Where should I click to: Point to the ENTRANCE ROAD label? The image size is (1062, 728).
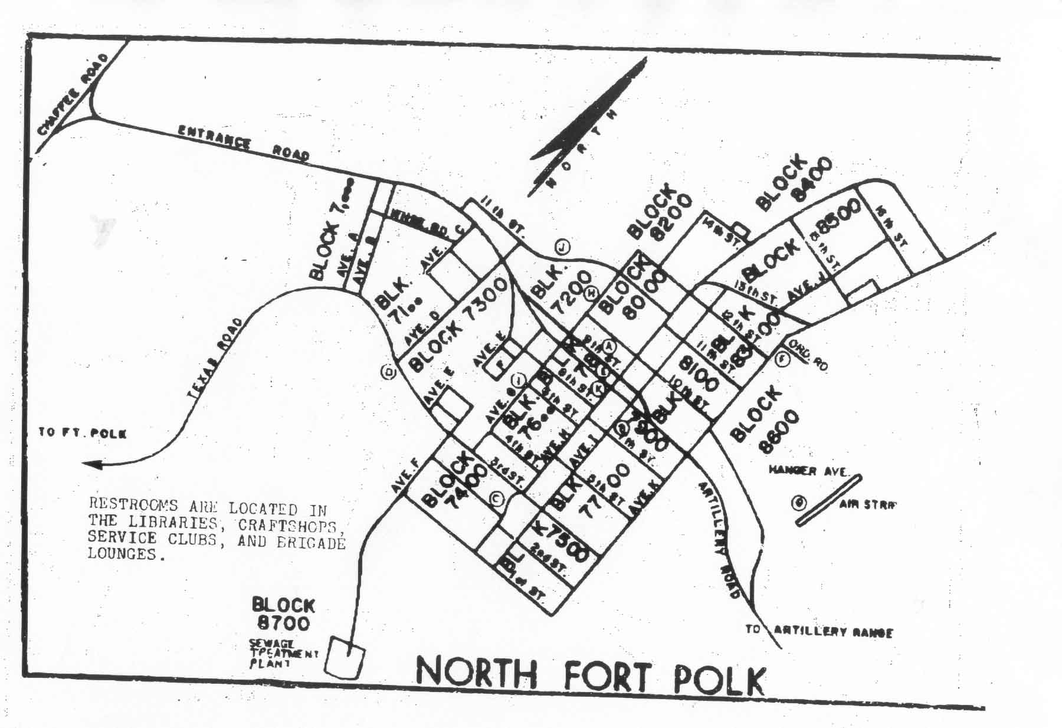pos(244,143)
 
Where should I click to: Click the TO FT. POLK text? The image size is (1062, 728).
pos(83,433)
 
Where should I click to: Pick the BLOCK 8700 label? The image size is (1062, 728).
pos(283,614)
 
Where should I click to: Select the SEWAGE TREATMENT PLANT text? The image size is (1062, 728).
pos(282,653)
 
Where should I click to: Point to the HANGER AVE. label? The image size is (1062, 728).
pos(808,471)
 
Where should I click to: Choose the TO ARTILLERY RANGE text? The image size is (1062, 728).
pos(819,631)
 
